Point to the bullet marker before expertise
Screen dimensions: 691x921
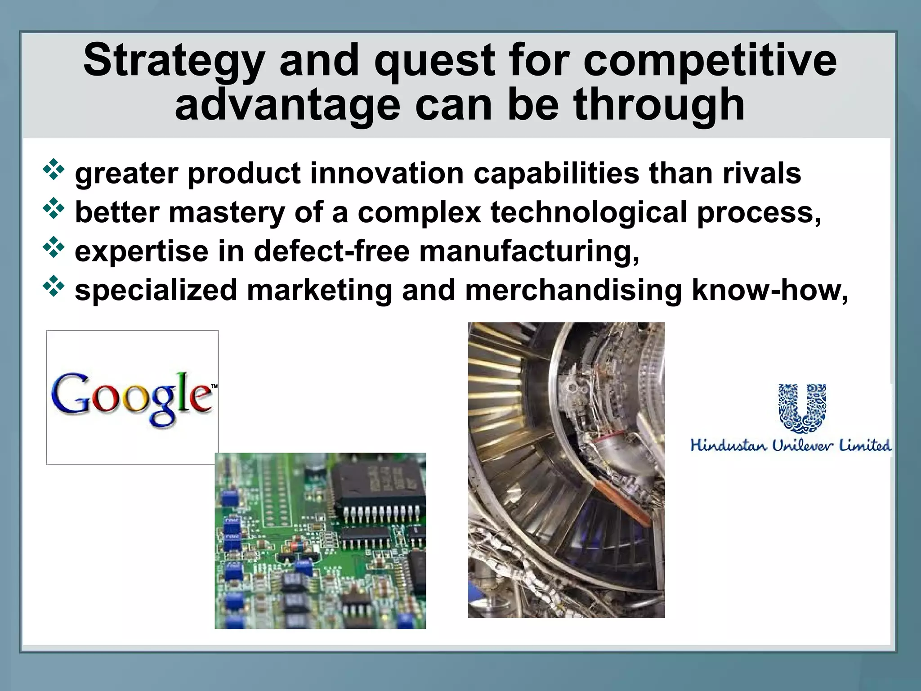click(x=54, y=247)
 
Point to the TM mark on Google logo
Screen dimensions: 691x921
click(x=214, y=386)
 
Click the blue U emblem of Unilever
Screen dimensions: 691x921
click(x=802, y=408)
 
